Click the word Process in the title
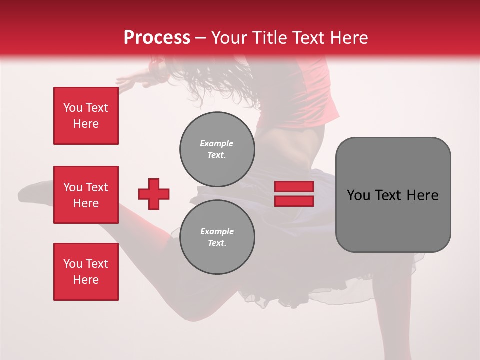coord(157,37)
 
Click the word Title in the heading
coord(268,37)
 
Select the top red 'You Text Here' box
coord(86,116)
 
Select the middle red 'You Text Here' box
coord(86,195)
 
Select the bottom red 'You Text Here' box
coord(86,272)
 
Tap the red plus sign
coord(154,194)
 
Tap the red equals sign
coord(294,194)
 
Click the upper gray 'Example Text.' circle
coord(217,149)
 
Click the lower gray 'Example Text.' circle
coord(217,237)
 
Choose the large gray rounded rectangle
coord(393,195)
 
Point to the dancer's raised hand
coord(125,82)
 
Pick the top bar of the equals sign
coord(294,187)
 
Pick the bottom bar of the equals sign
coord(294,201)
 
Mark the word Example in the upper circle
coord(216,143)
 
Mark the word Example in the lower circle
coord(217,231)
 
